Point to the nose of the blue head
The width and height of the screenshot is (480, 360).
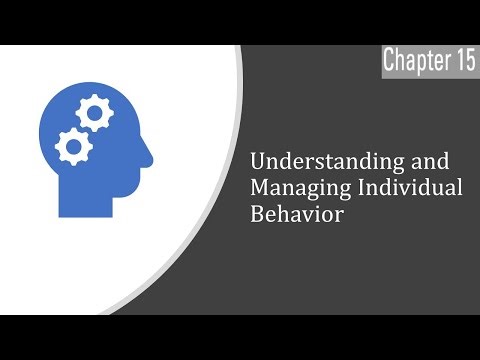[x=150, y=156]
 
